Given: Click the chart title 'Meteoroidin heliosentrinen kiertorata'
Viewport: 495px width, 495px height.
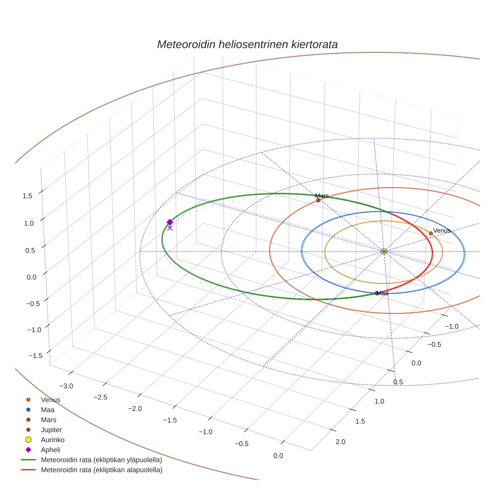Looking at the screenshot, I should coord(247,44).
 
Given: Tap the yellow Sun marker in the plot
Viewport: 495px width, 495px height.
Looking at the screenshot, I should coord(384,251).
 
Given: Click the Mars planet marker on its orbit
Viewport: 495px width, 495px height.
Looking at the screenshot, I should coord(318,200).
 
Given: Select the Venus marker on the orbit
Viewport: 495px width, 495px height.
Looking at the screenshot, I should coord(431,233).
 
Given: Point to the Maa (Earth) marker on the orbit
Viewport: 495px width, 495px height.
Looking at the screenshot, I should coord(377,293).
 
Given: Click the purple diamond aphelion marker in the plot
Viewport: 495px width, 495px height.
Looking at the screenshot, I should coord(170,222).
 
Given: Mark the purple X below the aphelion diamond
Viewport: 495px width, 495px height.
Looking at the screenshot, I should coord(170,228).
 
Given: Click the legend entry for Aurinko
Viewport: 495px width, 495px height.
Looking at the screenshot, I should coord(52,440).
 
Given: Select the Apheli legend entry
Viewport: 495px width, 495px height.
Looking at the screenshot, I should coord(50,450).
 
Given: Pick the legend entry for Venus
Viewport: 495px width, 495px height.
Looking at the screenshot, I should coord(50,400).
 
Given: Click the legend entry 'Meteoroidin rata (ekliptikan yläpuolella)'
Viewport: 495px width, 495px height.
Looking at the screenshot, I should coord(101,460).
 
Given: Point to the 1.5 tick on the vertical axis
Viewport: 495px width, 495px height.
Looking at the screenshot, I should coord(28,196).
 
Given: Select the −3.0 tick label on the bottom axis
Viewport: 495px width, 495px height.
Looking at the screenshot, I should coord(66,386).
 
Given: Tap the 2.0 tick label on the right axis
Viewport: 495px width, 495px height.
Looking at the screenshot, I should coord(340,442).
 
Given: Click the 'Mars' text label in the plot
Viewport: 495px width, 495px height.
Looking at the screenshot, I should coord(322,195).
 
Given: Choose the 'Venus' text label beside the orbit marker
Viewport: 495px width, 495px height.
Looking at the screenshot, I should coord(442,230).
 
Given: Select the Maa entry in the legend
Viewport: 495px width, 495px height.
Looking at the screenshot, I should coord(47,410).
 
